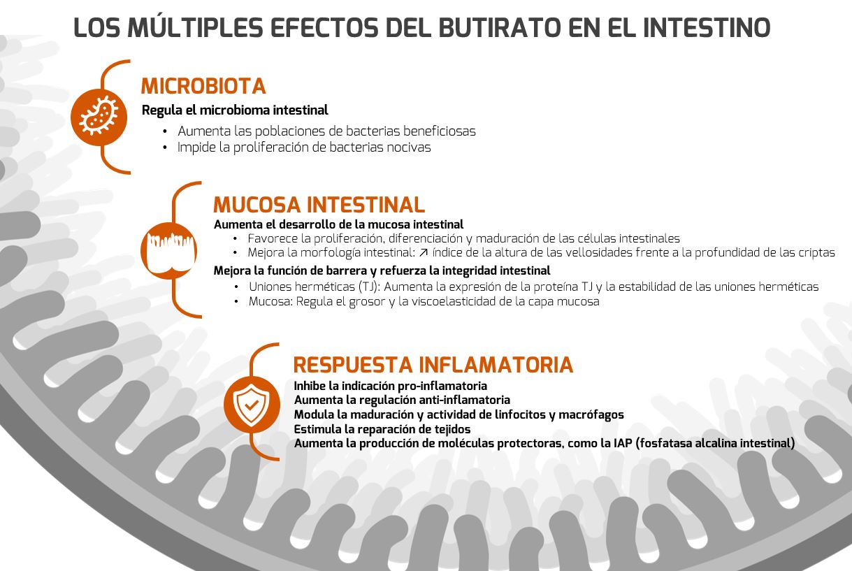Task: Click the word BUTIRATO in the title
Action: [500, 27]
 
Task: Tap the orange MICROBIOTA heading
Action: [203, 86]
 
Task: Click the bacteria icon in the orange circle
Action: [99, 117]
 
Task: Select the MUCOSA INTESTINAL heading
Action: [319, 205]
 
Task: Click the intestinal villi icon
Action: [169, 251]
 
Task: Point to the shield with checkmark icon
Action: [251, 405]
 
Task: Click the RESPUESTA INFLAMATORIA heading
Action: [433, 365]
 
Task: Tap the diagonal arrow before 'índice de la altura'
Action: [424, 252]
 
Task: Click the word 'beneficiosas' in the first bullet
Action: [440, 131]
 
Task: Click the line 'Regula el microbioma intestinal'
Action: [235, 110]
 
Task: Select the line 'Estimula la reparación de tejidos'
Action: [382, 430]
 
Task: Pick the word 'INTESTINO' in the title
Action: [707, 27]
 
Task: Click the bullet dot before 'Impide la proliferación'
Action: [165, 147]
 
